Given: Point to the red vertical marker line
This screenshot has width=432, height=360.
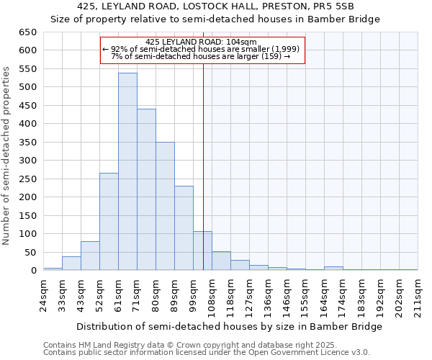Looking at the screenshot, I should pos(204,158).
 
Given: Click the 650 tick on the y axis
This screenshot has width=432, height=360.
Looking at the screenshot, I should pos(27,32).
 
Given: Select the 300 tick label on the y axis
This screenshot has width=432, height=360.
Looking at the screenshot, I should pos(27,161).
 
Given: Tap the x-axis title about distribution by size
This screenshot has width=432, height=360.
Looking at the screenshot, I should pos(229,326).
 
